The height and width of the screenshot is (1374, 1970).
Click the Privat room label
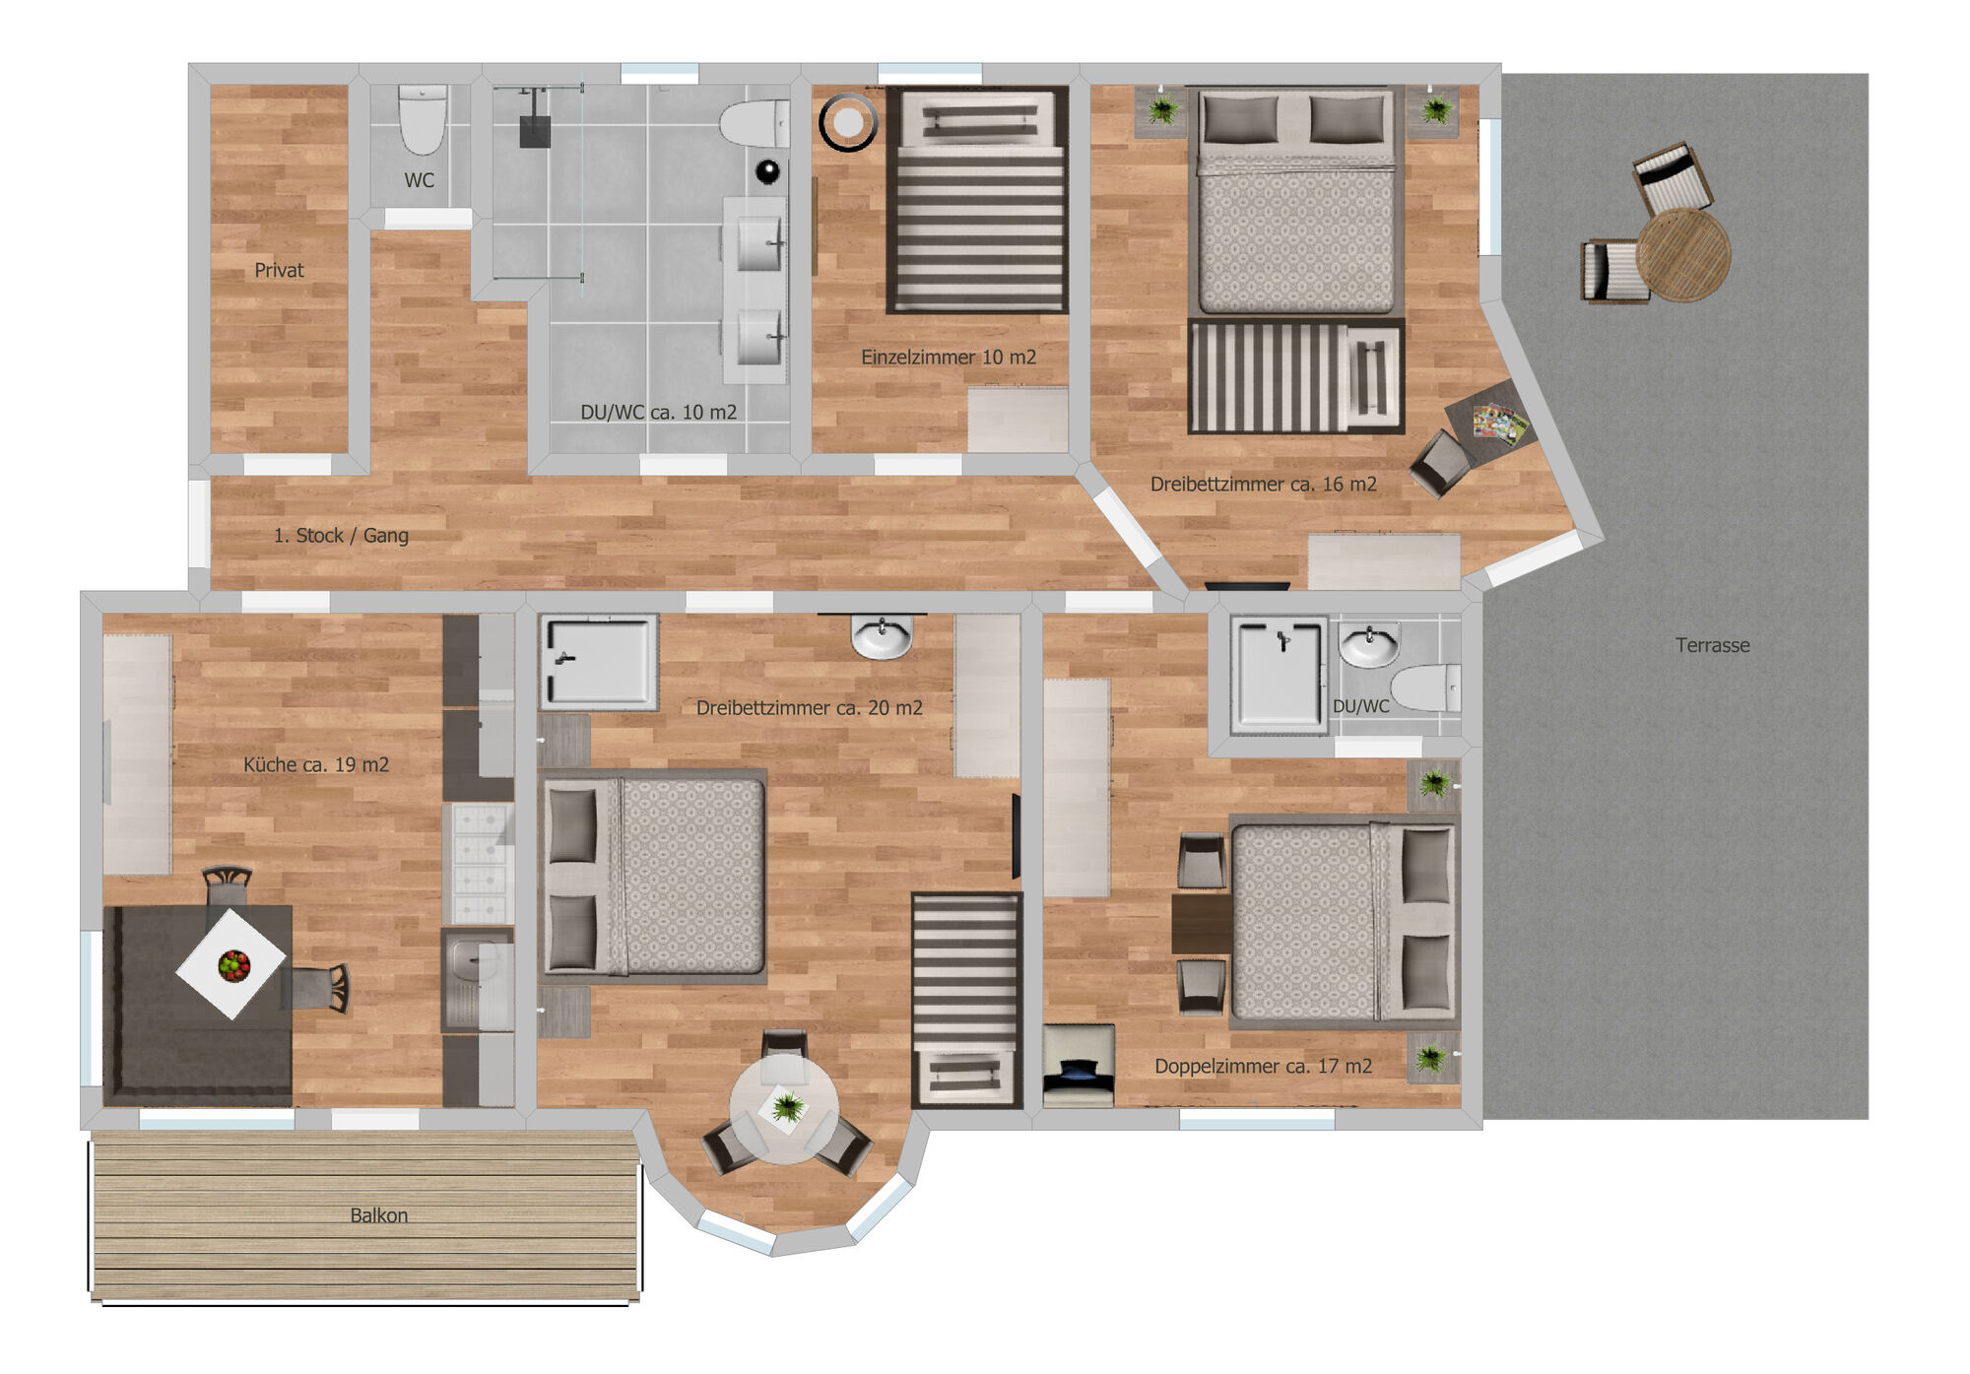(279, 270)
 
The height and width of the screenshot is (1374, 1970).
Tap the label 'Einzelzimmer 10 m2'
(949, 358)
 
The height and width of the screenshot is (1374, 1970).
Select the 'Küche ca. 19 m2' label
(316, 764)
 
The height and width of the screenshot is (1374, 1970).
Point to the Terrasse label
(1713, 645)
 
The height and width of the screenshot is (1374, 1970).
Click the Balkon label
(379, 1215)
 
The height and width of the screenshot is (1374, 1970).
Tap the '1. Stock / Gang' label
(341, 535)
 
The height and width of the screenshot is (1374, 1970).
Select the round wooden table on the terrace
(1683, 254)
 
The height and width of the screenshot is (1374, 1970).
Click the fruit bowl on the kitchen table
(233, 965)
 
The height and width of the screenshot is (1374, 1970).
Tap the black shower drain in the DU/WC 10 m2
(535, 132)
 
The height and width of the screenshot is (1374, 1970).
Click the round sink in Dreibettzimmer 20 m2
(882, 636)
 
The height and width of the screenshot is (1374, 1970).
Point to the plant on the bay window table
(786, 1106)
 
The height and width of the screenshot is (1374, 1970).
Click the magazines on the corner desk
(1500, 424)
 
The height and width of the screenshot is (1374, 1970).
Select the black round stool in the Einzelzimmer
(848, 123)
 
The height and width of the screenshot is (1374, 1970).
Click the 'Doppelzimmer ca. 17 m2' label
(1264, 1066)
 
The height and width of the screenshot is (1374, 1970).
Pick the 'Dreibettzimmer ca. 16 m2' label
(1264, 484)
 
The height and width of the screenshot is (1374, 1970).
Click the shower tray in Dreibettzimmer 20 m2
(599, 662)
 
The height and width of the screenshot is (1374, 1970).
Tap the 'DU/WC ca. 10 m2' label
(659, 412)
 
